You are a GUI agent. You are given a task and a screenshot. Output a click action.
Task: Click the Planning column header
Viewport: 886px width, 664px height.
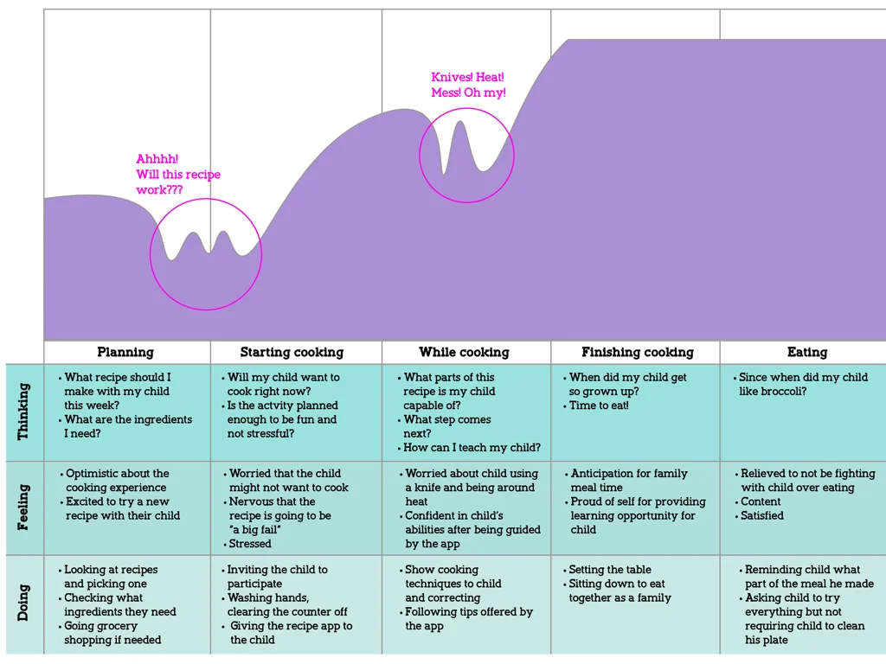point(125,352)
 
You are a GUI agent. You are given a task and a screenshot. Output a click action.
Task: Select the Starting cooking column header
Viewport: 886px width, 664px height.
point(292,352)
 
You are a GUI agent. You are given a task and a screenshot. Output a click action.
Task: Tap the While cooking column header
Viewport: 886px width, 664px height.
point(464,352)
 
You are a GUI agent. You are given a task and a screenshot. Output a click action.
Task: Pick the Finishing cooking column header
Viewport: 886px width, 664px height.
point(637,352)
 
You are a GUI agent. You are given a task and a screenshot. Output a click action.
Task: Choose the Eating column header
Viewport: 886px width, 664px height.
point(806,352)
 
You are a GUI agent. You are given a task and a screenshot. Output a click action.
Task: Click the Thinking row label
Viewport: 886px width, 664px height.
point(23,412)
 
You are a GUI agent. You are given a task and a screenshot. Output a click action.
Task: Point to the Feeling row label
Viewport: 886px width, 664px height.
point(23,508)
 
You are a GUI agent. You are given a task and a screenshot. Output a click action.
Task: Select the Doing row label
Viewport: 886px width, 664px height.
point(23,603)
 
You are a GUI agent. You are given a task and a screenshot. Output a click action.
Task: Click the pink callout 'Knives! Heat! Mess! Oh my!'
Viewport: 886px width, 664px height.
point(468,85)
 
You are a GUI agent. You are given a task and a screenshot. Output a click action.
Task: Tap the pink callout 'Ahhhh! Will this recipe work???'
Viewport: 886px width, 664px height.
point(177,174)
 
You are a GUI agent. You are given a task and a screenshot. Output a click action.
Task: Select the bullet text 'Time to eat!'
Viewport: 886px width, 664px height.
point(599,405)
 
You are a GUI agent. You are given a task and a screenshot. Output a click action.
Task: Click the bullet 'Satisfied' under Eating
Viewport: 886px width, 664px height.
point(762,515)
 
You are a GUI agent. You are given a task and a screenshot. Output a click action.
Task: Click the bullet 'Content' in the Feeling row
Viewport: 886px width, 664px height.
point(761,501)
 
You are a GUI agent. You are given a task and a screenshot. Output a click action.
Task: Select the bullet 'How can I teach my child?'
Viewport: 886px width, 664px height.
point(472,448)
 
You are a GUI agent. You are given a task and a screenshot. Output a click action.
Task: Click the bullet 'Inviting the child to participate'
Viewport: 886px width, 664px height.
point(277,577)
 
